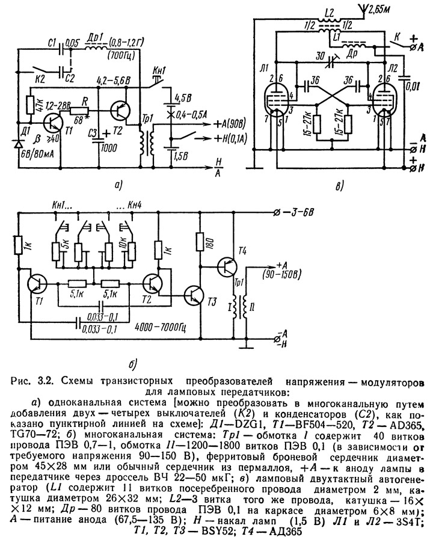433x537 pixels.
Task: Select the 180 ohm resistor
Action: coord(201,242)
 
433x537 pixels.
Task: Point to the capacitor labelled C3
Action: coord(99,138)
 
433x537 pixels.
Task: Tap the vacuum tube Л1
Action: coord(277,97)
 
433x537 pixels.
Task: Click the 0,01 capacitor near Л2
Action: coord(405,78)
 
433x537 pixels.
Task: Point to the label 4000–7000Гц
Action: coord(161,328)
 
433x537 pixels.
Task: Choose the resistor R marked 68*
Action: coord(79,110)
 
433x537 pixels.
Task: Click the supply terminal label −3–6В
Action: coord(295,212)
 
